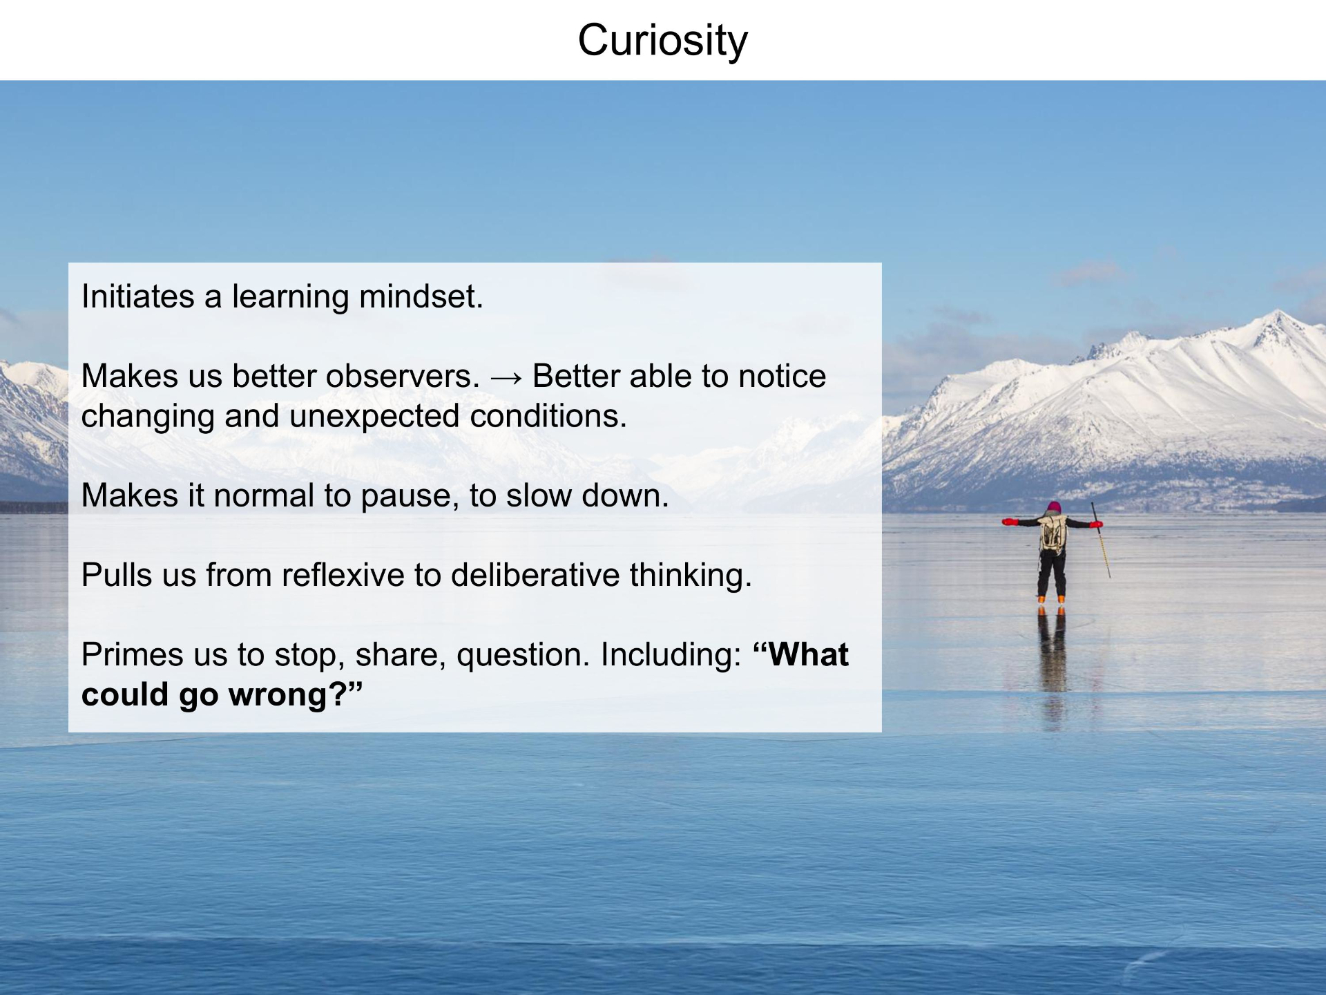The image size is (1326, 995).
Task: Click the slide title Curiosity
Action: pos(663,40)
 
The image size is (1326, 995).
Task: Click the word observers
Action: pos(403,376)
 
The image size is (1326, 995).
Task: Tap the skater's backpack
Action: pos(1053,533)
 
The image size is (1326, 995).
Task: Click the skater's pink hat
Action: pos(1054,506)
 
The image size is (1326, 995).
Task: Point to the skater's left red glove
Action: pos(1010,522)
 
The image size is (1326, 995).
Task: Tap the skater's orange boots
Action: pos(1051,599)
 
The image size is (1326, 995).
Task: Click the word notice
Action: pos(782,376)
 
